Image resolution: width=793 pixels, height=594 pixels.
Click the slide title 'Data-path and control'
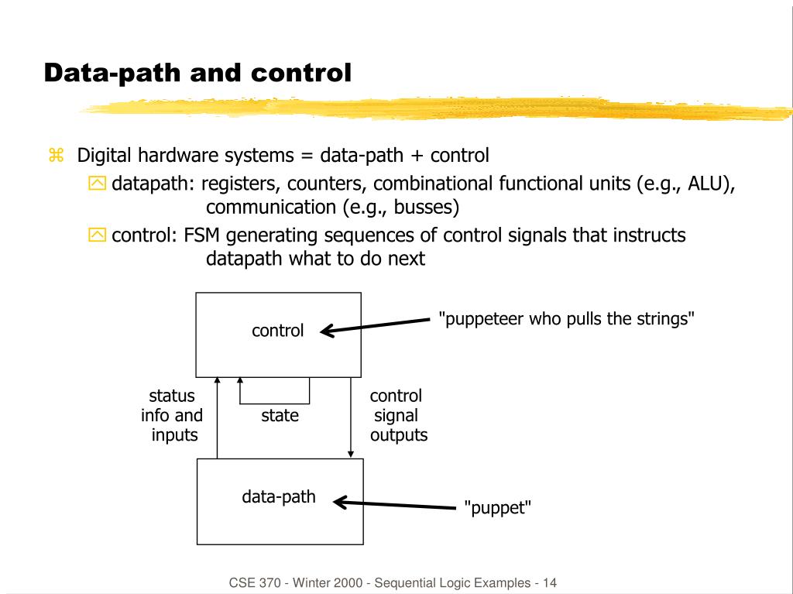tap(197, 74)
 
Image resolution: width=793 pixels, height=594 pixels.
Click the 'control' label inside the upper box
tap(277, 331)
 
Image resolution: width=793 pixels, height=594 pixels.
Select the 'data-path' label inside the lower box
tap(279, 496)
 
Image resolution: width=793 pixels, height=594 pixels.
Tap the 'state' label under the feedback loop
tap(280, 416)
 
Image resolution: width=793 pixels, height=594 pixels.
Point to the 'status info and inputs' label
tap(172, 416)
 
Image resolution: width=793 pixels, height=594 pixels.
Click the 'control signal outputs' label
tap(397, 416)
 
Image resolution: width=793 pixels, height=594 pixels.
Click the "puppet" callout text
tap(497, 509)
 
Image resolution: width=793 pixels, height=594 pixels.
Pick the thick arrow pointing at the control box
tap(376, 326)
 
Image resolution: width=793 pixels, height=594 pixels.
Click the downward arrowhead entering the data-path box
tap(351, 453)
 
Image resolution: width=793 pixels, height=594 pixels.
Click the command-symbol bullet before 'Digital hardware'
tap(55, 156)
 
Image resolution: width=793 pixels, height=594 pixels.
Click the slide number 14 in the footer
tap(550, 582)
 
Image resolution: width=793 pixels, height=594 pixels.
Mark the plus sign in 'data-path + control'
tap(417, 156)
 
